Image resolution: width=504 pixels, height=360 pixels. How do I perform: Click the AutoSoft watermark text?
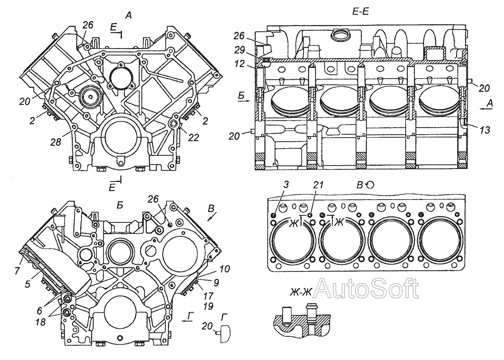click(x=366, y=288)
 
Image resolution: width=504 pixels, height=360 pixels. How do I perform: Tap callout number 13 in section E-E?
click(x=484, y=130)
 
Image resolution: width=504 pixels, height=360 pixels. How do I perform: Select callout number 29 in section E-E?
click(x=239, y=50)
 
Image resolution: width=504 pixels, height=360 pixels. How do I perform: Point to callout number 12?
click(x=239, y=64)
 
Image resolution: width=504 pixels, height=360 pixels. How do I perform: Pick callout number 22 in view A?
click(x=194, y=137)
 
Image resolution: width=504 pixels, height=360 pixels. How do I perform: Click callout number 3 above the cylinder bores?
click(x=286, y=185)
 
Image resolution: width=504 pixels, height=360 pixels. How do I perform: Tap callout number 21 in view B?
click(x=318, y=185)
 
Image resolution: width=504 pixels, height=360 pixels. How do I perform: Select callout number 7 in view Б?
click(x=17, y=270)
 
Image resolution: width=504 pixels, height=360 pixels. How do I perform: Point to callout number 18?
click(x=40, y=323)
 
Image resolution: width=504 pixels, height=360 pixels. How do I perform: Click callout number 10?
click(x=225, y=269)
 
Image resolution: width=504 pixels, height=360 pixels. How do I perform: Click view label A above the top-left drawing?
click(x=128, y=15)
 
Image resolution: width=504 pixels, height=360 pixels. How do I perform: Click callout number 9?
click(x=216, y=282)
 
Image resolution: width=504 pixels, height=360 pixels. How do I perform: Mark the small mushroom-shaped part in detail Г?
click(x=224, y=333)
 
